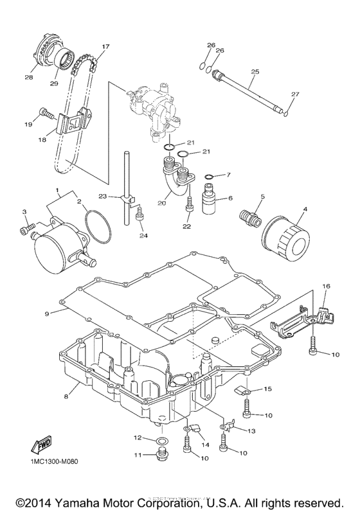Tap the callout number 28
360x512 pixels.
point(28,78)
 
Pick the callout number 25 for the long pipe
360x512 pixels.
point(255,73)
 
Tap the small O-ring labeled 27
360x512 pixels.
point(286,115)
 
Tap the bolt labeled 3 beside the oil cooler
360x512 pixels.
point(26,229)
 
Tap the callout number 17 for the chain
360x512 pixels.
point(105,47)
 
